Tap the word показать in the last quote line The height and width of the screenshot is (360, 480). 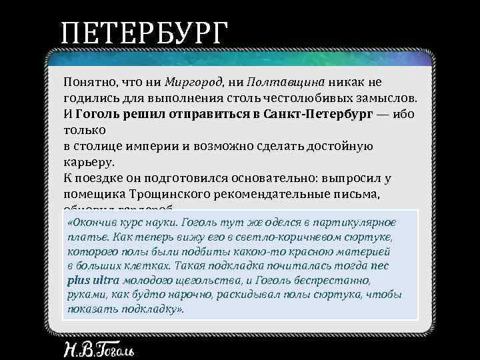[x=90, y=310]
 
